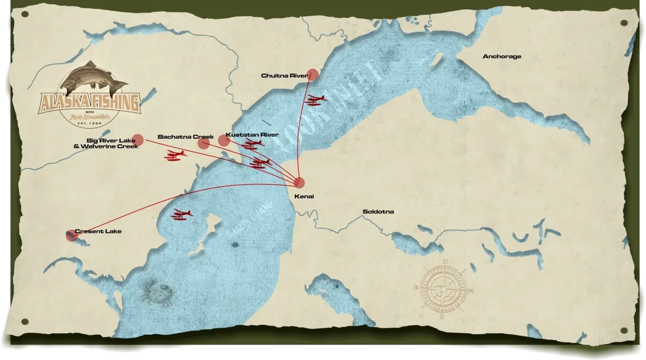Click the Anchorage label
pos(501,56)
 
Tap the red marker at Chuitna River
pos(313,75)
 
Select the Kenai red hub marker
pos(299,182)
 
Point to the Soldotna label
pos(378,211)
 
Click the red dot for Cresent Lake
pos(72,236)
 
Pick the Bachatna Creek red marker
pos(204,143)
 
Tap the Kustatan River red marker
pos(224,140)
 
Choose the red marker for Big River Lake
pos(138,139)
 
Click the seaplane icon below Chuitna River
pos(315,99)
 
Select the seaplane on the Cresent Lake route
pos(182,214)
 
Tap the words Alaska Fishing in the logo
pos(90,103)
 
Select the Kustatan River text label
pos(252,135)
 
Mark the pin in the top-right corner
pos(623,23)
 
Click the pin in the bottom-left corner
pos(24,321)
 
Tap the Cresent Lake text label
pos(98,231)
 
